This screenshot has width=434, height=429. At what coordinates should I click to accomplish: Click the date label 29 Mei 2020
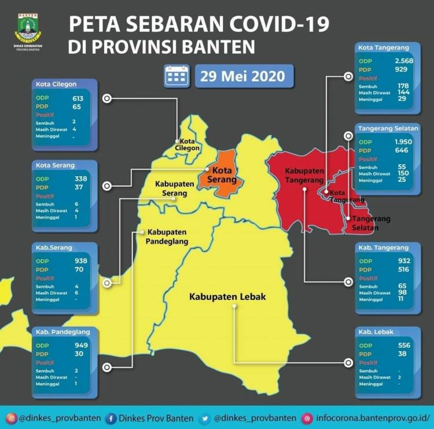(243, 76)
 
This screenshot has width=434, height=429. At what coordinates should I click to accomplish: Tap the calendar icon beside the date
(176, 76)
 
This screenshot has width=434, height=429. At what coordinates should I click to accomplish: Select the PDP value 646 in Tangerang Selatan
(401, 150)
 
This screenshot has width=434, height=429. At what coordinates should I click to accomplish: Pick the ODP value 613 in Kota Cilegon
(78, 98)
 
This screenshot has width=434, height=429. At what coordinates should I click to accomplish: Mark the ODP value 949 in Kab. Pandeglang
(80, 345)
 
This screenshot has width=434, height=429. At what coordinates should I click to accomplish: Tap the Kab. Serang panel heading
(54, 248)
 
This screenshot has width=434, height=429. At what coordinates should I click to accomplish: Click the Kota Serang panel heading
(55, 165)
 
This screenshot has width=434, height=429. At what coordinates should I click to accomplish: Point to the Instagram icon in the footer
(10, 418)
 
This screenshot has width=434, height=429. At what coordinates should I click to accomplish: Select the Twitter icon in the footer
(205, 418)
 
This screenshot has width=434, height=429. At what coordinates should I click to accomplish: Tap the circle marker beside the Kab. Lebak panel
(348, 363)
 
